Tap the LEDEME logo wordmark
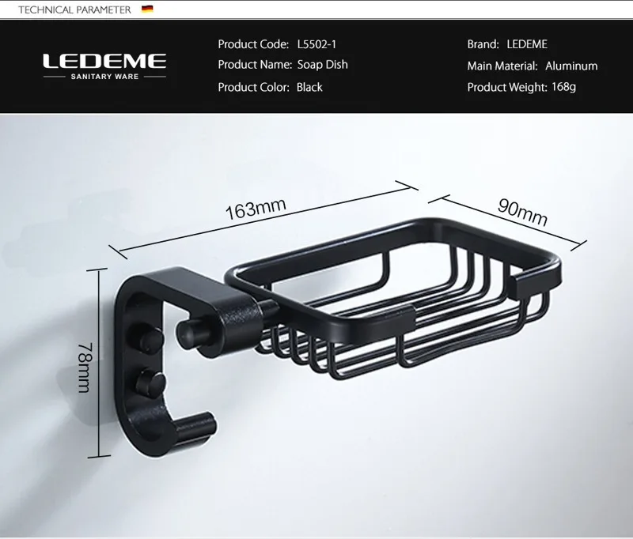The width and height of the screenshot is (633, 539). (104, 61)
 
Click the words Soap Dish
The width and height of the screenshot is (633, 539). (322, 65)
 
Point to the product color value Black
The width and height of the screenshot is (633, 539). (309, 87)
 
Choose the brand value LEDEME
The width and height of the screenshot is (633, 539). (526, 44)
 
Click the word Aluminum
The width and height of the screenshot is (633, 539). (572, 66)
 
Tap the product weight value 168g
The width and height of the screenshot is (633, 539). (564, 87)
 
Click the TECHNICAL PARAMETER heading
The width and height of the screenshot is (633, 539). (69, 9)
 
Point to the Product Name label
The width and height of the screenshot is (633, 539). (252, 65)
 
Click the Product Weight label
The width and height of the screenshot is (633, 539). (506, 87)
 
